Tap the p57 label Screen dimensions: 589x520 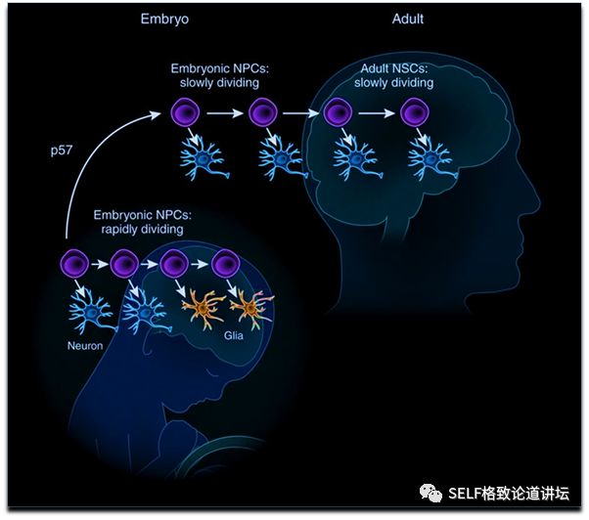[x=65, y=152]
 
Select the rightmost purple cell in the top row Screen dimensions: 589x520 [x=415, y=113]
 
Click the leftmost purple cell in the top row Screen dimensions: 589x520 [x=186, y=113]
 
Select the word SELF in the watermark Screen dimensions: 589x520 [x=467, y=494]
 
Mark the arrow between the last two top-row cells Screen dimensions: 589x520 [x=378, y=113]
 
